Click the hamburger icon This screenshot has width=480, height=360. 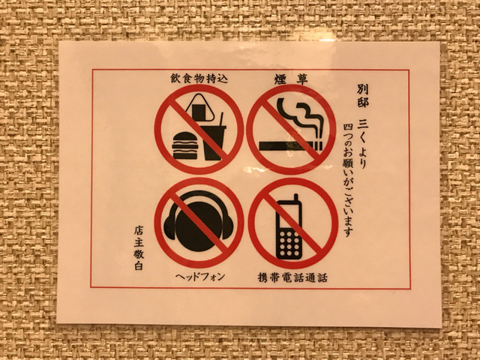point(185,145)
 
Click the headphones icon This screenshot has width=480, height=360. point(198,221)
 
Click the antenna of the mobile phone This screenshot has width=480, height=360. point(295,199)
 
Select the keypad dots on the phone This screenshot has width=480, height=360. point(288,244)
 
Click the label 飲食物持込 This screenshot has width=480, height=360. point(199,79)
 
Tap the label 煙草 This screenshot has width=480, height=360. point(291,80)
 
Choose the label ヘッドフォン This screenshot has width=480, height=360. point(200,277)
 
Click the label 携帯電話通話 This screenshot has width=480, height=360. point(292,277)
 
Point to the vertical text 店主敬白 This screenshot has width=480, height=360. point(139,248)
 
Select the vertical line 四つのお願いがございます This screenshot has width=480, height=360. point(348,180)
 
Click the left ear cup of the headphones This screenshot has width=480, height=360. point(169,226)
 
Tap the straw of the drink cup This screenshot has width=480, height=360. point(221,119)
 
